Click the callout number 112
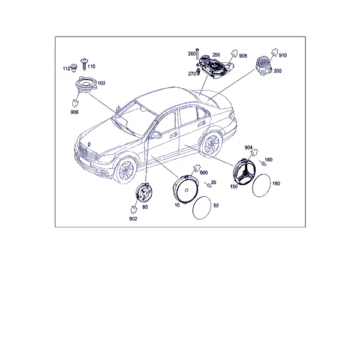(67, 68)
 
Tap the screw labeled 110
(84, 64)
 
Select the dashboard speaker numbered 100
(86, 85)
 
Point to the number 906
(74, 112)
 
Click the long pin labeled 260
(197, 55)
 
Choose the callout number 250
(216, 55)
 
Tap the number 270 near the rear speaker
(192, 74)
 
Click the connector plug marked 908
(234, 54)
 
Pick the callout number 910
(283, 55)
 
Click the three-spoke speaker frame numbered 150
(244, 172)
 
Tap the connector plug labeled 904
(254, 152)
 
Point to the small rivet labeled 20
(208, 185)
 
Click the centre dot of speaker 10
(187, 190)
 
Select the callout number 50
(216, 205)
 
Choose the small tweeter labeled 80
(143, 193)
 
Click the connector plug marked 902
(133, 209)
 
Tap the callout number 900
(203, 173)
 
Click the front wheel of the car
(125, 171)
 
